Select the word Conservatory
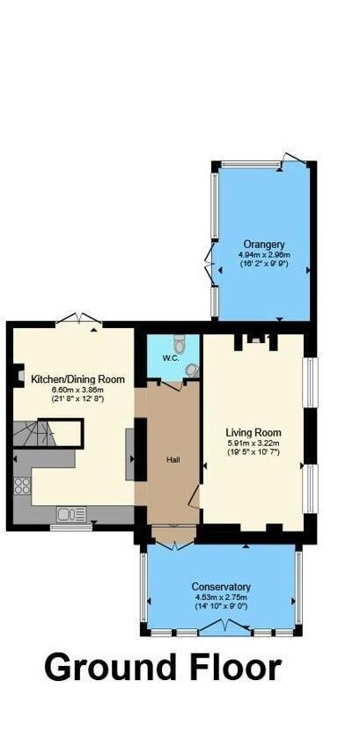pos(221,587)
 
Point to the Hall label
pos(173,460)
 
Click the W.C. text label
pos(170,358)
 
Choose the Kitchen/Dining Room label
pos(77,380)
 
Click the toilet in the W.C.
pos(180,343)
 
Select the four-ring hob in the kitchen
pos(22,486)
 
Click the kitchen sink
pos(71,514)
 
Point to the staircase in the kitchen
pos(34,434)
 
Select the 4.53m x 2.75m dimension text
pos(221,597)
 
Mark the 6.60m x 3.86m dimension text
pos(77,390)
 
